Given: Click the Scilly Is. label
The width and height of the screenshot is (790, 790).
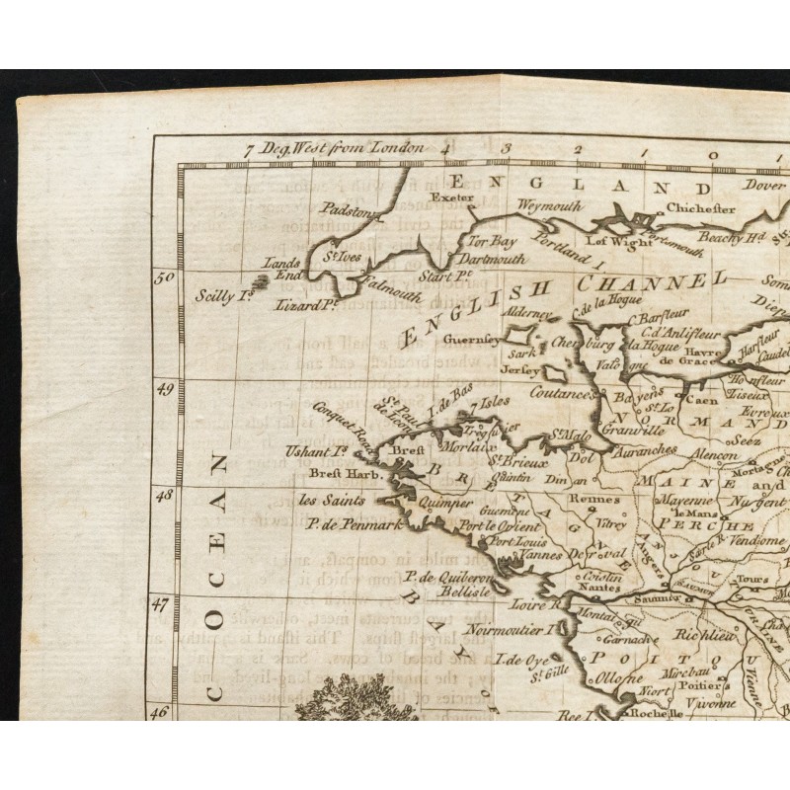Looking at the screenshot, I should tap(224, 294).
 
